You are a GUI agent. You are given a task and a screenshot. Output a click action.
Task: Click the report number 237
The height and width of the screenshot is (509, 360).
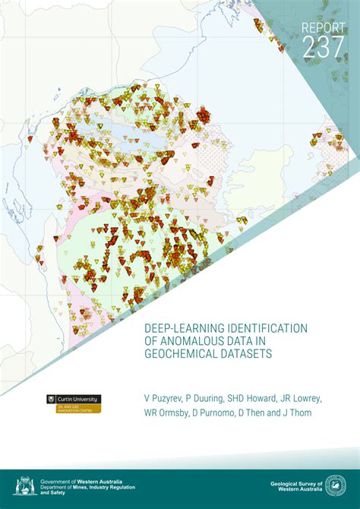pos(323,46)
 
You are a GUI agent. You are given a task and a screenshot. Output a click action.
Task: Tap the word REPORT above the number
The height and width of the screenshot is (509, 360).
pos(323,27)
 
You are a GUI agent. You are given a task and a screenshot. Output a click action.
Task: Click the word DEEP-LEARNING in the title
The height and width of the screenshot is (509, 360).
pos(185,328)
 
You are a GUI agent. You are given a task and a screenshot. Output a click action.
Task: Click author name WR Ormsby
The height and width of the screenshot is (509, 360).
pos(169,414)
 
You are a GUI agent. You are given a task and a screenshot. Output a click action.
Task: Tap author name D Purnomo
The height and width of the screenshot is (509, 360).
pos(224,414)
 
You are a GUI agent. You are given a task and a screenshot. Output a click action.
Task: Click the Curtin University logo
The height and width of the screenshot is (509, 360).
pos(73,399)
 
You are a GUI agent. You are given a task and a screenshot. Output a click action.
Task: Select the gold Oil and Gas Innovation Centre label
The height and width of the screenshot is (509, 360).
pos(73,409)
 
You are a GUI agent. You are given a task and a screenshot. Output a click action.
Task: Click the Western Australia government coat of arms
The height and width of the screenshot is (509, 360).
pos(24,485)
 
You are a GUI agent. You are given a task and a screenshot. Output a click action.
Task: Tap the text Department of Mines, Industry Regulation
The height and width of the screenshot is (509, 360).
pos(87,486)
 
